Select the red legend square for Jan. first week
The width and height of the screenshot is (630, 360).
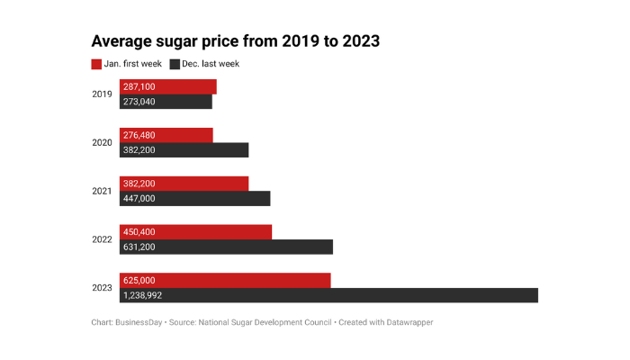click(x=97, y=64)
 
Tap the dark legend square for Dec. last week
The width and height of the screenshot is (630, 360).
click(x=175, y=64)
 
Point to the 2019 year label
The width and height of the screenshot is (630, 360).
click(x=102, y=94)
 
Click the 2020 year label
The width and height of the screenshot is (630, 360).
click(x=102, y=142)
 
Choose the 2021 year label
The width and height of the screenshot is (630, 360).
click(x=102, y=191)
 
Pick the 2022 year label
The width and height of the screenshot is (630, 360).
click(x=102, y=239)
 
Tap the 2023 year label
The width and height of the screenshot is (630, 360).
click(x=102, y=288)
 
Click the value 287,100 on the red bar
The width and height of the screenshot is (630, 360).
click(x=139, y=86)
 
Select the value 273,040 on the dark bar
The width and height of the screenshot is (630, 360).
click(x=139, y=102)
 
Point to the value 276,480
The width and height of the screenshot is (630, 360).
click(x=139, y=135)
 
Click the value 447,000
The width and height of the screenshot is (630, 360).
click(x=139, y=199)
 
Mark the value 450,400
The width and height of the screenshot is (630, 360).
click(x=139, y=232)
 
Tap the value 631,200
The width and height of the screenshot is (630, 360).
click(x=139, y=247)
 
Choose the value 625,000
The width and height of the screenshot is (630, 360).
click(x=139, y=280)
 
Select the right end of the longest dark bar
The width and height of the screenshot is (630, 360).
click(x=535, y=295)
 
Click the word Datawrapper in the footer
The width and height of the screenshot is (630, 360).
click(x=409, y=321)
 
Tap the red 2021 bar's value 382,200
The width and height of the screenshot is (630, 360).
click(x=139, y=184)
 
